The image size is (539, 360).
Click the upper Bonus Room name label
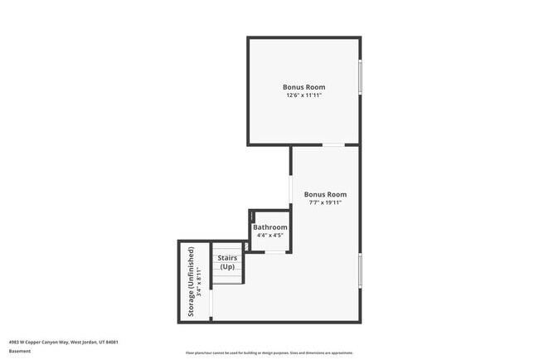pyautogui.click(x=303, y=87)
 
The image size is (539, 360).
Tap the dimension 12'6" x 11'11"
pyautogui.click(x=303, y=95)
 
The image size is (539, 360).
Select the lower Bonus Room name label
pyautogui.click(x=324, y=194)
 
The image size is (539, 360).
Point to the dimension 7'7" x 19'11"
pyautogui.click(x=324, y=202)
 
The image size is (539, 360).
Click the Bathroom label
pyautogui.click(x=270, y=227)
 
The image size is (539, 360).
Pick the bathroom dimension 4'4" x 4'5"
pyautogui.click(x=270, y=236)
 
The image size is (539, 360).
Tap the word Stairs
pyautogui.click(x=227, y=258)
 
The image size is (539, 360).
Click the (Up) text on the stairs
pyautogui.click(x=227, y=266)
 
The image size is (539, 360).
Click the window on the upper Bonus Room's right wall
pyautogui.click(x=360, y=78)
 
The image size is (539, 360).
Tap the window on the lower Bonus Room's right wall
pyautogui.click(x=360, y=270)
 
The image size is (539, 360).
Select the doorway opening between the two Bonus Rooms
pyautogui.click(x=333, y=145)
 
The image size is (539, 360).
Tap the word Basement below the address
pyautogui.click(x=20, y=351)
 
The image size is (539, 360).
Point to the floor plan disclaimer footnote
pyautogui.click(x=269, y=352)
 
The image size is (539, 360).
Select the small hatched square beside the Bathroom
pyautogui.click(x=246, y=246)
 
